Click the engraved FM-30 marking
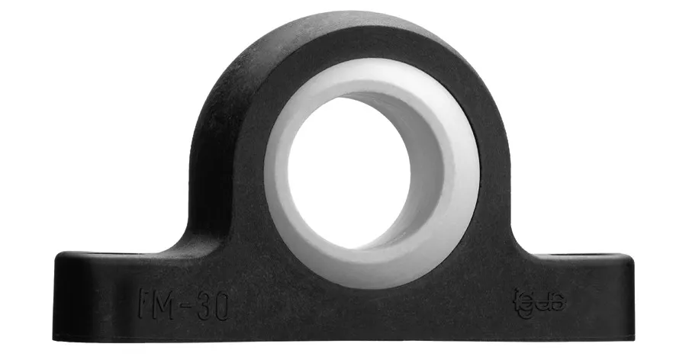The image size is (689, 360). [x=185, y=304]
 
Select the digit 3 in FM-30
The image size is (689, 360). [x=204, y=304]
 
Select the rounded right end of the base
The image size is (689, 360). [x=627, y=294]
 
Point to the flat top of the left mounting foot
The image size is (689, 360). [x=114, y=254]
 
